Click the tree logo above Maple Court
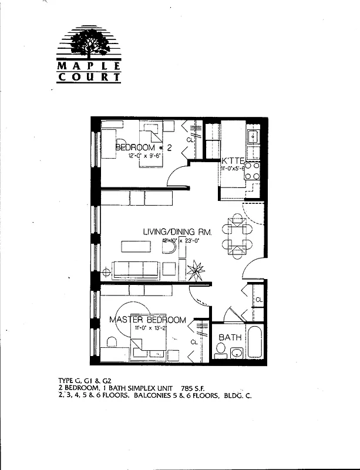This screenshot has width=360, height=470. point(89,43)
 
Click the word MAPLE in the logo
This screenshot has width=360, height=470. point(89,65)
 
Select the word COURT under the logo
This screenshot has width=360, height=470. point(89,76)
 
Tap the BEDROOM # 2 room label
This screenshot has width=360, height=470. point(143,147)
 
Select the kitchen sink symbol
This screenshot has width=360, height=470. point(253,137)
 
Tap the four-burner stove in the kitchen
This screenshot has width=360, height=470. point(253,171)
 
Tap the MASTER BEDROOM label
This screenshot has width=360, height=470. point(148,320)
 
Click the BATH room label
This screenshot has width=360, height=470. point(230,338)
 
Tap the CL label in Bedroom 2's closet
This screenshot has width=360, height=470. point(190,140)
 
